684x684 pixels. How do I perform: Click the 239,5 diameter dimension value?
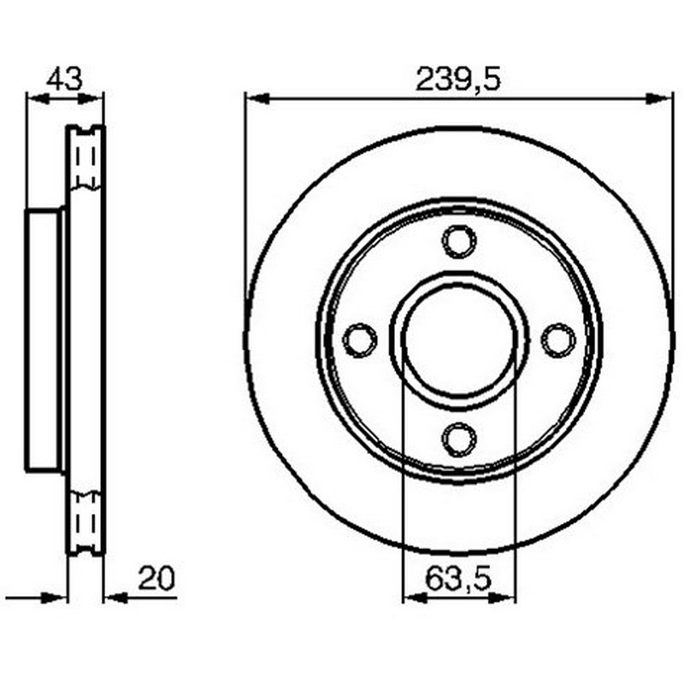tap(457, 79)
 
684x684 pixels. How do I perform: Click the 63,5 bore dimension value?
tap(458, 578)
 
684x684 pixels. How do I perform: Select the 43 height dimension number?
tap(64, 79)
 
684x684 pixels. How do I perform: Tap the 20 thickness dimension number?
tap(156, 578)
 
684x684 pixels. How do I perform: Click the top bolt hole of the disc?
tap(459, 241)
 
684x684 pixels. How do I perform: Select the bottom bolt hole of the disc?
tap(459, 439)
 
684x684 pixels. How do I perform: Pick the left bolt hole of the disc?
tap(360, 340)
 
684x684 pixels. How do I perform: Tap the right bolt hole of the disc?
tap(558, 340)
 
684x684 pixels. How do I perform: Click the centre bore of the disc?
tap(459, 340)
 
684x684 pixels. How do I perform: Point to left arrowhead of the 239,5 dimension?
tap(257, 99)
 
